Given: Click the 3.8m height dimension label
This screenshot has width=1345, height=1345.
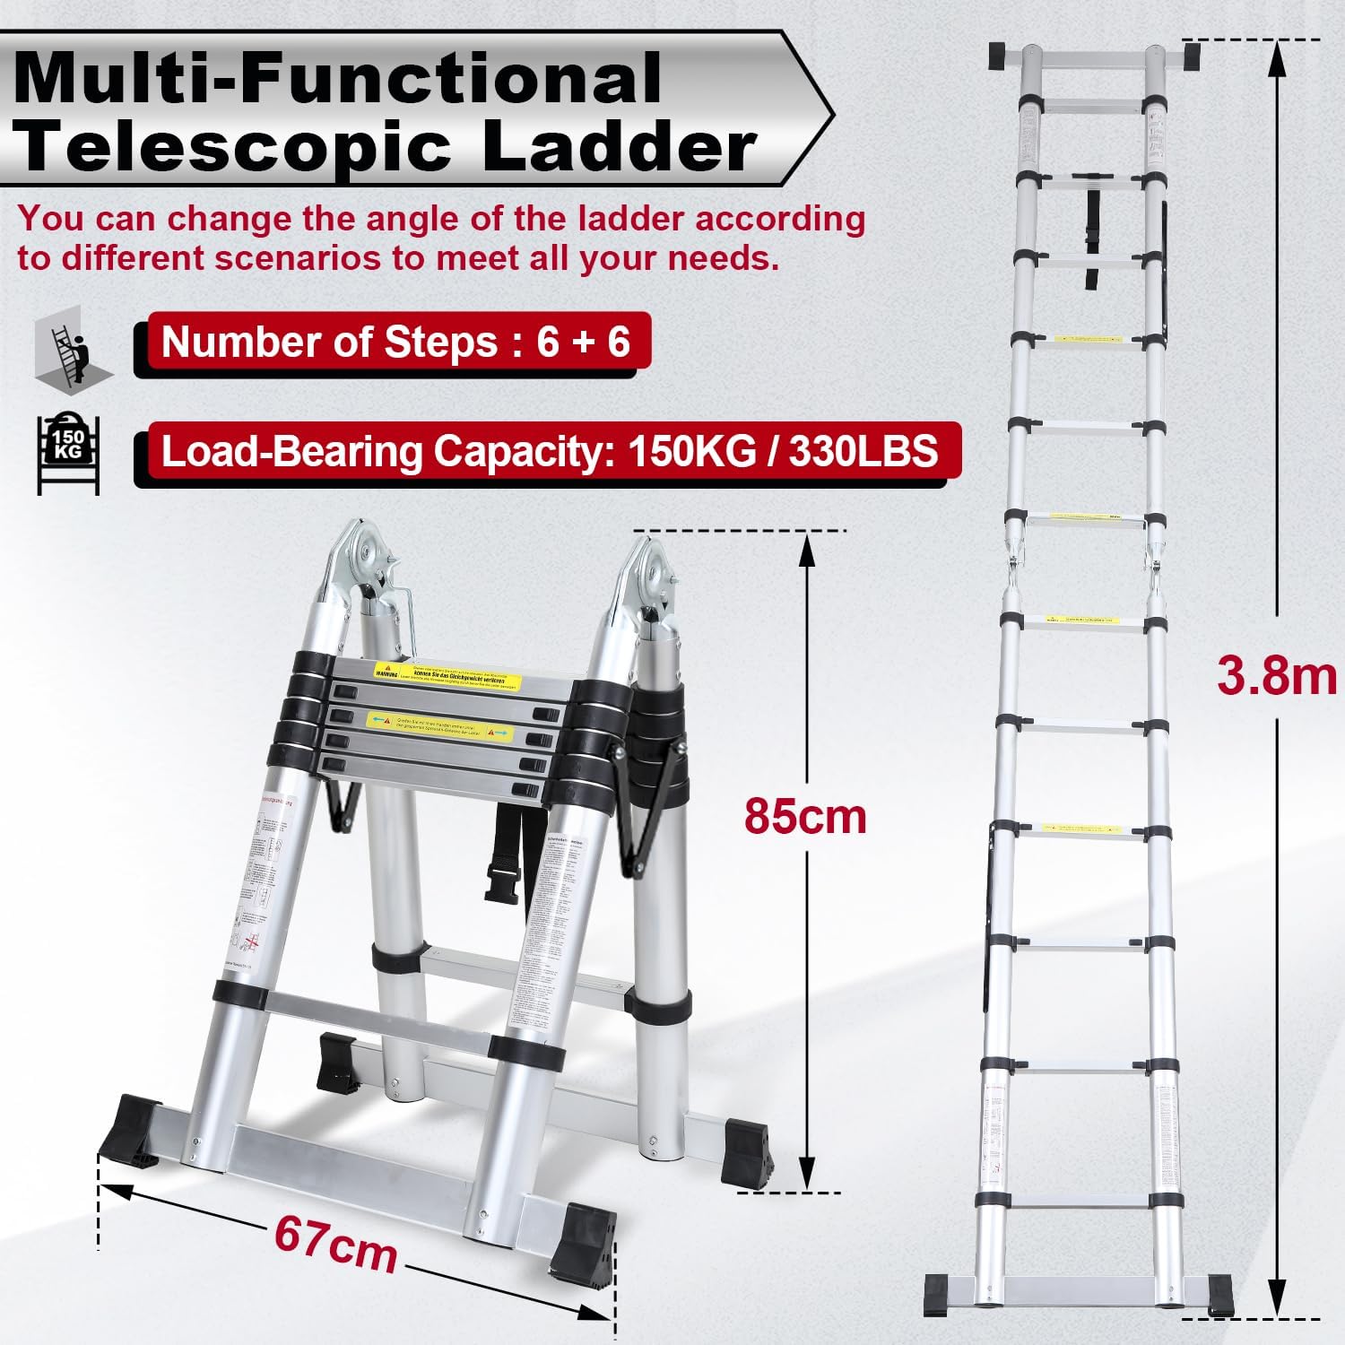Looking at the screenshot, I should tap(1275, 676).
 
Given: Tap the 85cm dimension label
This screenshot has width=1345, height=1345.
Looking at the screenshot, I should tap(805, 816).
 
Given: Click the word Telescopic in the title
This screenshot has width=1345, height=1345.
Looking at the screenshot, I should tap(235, 148).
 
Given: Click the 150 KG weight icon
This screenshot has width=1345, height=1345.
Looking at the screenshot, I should tap(68, 454).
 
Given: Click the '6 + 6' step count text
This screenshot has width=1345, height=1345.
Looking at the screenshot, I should tap(583, 342).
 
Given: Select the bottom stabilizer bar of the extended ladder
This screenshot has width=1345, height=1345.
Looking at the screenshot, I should tap(1076, 1291).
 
